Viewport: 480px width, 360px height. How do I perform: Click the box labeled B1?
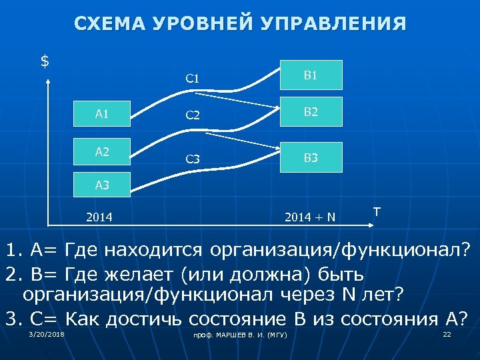[311, 75]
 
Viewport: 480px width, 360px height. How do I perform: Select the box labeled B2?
[311, 112]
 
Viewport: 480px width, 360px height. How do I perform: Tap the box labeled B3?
[311, 157]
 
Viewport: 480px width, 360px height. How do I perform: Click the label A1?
[102, 114]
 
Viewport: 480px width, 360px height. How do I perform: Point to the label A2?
[102, 152]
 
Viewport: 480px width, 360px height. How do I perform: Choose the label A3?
[102, 185]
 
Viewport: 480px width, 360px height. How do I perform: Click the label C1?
[193, 79]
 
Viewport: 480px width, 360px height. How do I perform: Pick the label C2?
[193, 115]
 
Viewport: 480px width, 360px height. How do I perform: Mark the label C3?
[193, 159]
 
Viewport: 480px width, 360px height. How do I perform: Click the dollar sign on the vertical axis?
[45, 61]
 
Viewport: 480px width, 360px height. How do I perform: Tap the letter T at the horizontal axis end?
[377, 211]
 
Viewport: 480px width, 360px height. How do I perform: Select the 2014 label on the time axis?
[99, 217]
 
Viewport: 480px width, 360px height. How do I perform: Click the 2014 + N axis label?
[309, 217]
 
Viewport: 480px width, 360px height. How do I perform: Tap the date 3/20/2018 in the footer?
[47, 334]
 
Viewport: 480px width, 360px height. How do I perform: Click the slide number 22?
[447, 334]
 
